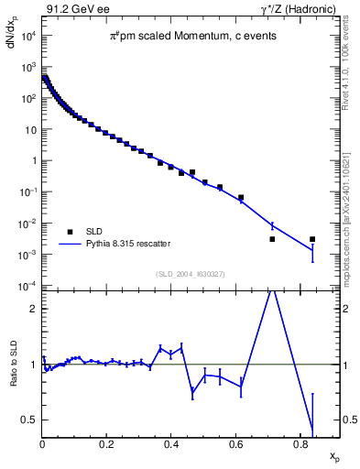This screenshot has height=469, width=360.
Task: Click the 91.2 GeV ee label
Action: (71, 8)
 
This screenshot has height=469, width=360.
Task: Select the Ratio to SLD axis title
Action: (12, 378)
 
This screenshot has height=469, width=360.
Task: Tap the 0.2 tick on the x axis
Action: (107, 443)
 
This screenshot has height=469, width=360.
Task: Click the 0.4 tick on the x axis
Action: (172, 443)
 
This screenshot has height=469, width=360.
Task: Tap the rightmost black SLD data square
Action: (312, 239)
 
